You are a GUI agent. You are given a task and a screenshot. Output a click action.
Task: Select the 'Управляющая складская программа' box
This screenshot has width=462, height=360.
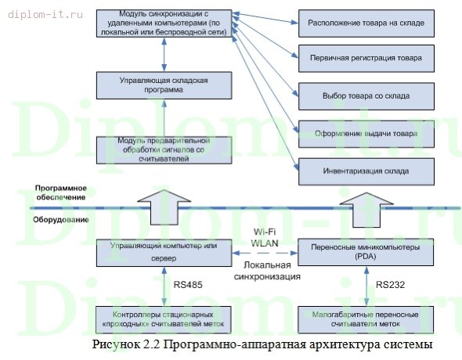coord(164,85)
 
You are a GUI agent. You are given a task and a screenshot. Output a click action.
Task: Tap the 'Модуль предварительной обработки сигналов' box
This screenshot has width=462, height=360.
coord(164,149)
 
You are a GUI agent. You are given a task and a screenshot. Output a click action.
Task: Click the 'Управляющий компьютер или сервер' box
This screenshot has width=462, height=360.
coord(164,251)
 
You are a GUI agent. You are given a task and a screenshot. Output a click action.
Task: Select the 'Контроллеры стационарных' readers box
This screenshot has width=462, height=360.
coord(164,319)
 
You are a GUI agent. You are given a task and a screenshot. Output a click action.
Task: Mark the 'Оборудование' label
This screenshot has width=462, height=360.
coord(60,219)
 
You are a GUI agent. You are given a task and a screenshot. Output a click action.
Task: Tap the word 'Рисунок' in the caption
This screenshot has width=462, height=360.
coord(116,344)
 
